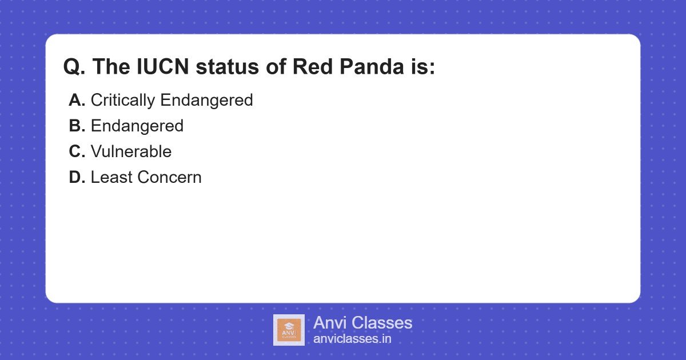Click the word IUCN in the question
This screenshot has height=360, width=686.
click(x=158, y=67)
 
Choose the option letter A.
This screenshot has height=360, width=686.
click(x=77, y=100)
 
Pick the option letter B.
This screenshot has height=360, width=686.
click(x=77, y=126)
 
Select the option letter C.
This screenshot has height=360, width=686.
click(x=77, y=151)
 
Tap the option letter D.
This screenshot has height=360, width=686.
click(x=77, y=177)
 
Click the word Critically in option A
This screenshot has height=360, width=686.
click(x=123, y=100)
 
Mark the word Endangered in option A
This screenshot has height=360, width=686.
click(x=206, y=100)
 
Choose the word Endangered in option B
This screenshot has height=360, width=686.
click(x=137, y=126)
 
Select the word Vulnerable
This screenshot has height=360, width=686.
click(x=131, y=151)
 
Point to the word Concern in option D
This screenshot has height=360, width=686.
click(x=170, y=177)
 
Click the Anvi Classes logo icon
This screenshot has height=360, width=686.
click(x=289, y=330)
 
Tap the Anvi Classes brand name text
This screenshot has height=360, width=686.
click(x=362, y=323)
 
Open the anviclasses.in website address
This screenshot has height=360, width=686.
click(x=352, y=339)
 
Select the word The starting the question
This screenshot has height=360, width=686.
click(x=111, y=67)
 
